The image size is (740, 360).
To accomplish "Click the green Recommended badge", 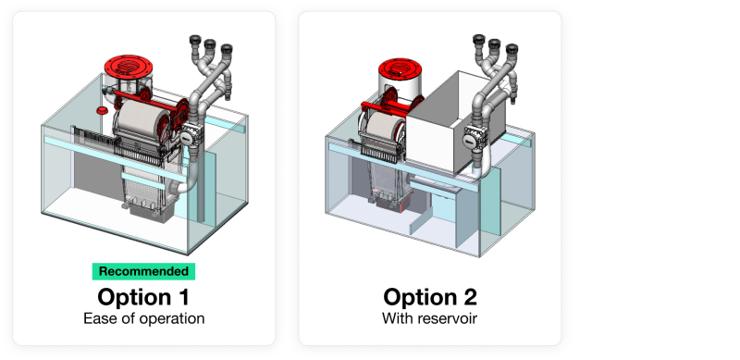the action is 143,272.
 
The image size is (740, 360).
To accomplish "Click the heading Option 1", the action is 143,297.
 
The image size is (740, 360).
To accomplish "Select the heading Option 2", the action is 430,297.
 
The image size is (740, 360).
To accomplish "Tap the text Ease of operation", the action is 144,318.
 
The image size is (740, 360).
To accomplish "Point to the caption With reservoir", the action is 429,318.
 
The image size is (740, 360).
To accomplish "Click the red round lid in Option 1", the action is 127,67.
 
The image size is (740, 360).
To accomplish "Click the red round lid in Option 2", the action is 400,68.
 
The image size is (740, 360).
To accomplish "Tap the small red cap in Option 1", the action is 102,110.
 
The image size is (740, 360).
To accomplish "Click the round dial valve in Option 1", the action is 187,138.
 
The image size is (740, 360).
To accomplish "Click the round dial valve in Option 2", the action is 470,141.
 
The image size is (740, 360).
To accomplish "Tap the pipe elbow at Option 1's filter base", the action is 186,184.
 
